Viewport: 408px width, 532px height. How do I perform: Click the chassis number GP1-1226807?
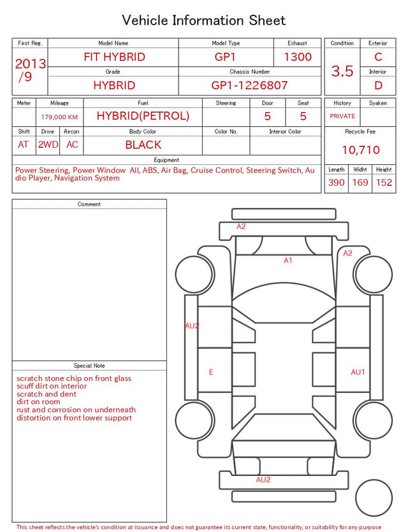249,85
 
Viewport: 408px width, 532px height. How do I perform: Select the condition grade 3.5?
342,71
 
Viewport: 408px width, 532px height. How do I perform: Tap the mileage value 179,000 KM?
59,117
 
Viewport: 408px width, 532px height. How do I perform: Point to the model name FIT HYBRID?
114,57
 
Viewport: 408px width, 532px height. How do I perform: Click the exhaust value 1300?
298,57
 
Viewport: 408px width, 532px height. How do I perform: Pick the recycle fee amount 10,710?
360,150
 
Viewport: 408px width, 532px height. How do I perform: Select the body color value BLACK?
143,145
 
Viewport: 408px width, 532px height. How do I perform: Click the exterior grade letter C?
378,57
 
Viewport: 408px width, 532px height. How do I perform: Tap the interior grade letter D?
378,85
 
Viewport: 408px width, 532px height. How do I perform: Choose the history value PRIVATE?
342,116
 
